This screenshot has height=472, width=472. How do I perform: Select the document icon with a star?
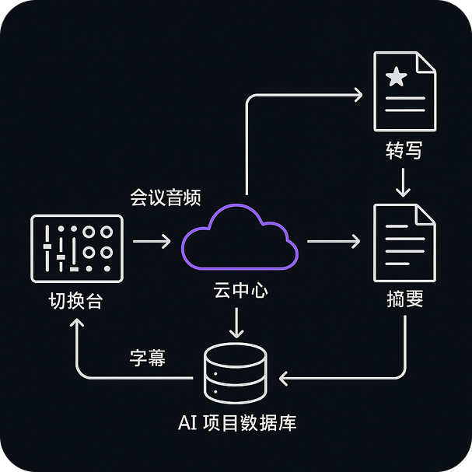(404, 92)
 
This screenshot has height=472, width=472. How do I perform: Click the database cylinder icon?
(234, 374)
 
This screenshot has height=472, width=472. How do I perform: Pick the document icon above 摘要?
(404, 243)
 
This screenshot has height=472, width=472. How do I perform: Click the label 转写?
(404, 150)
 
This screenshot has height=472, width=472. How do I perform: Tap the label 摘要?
(404, 299)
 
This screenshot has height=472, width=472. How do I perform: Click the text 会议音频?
(166, 198)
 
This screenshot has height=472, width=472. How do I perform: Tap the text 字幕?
(148, 359)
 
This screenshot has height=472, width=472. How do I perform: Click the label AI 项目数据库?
(236, 424)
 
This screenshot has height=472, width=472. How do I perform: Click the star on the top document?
(397, 76)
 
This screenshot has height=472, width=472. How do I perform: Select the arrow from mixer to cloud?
(151, 242)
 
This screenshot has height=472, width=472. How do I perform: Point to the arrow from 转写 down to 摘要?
(403, 183)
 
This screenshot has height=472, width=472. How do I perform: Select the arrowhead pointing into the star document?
(357, 95)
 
